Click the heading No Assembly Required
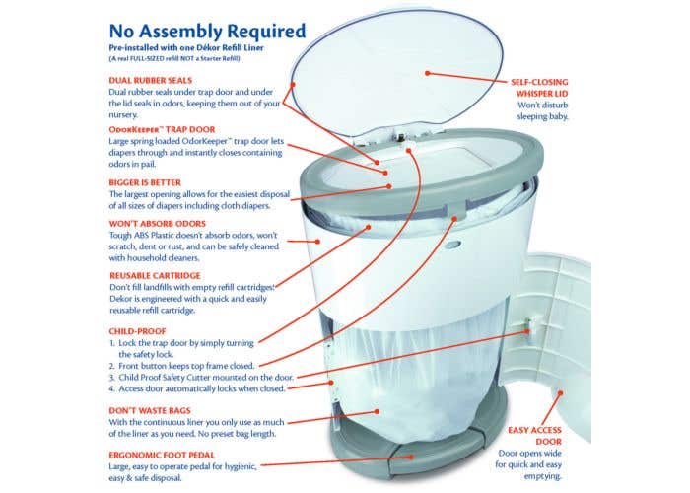click(x=207, y=32)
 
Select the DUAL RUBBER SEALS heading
click(x=151, y=81)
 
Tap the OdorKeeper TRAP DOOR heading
click(x=162, y=130)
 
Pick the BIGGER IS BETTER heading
click(x=145, y=182)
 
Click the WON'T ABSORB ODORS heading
click(x=157, y=224)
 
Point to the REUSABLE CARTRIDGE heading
click(x=155, y=276)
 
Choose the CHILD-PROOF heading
click(x=137, y=331)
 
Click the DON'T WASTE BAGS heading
click(x=150, y=411)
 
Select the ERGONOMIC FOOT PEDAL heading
click(x=162, y=456)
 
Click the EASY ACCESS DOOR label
click(x=534, y=436)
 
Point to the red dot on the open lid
click(x=427, y=73)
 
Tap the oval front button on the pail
click(x=452, y=245)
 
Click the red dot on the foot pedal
click(x=411, y=457)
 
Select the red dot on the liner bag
click(x=378, y=411)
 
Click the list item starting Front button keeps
click(x=181, y=366)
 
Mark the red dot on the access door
click(x=561, y=392)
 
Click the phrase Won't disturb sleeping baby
click(x=542, y=110)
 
